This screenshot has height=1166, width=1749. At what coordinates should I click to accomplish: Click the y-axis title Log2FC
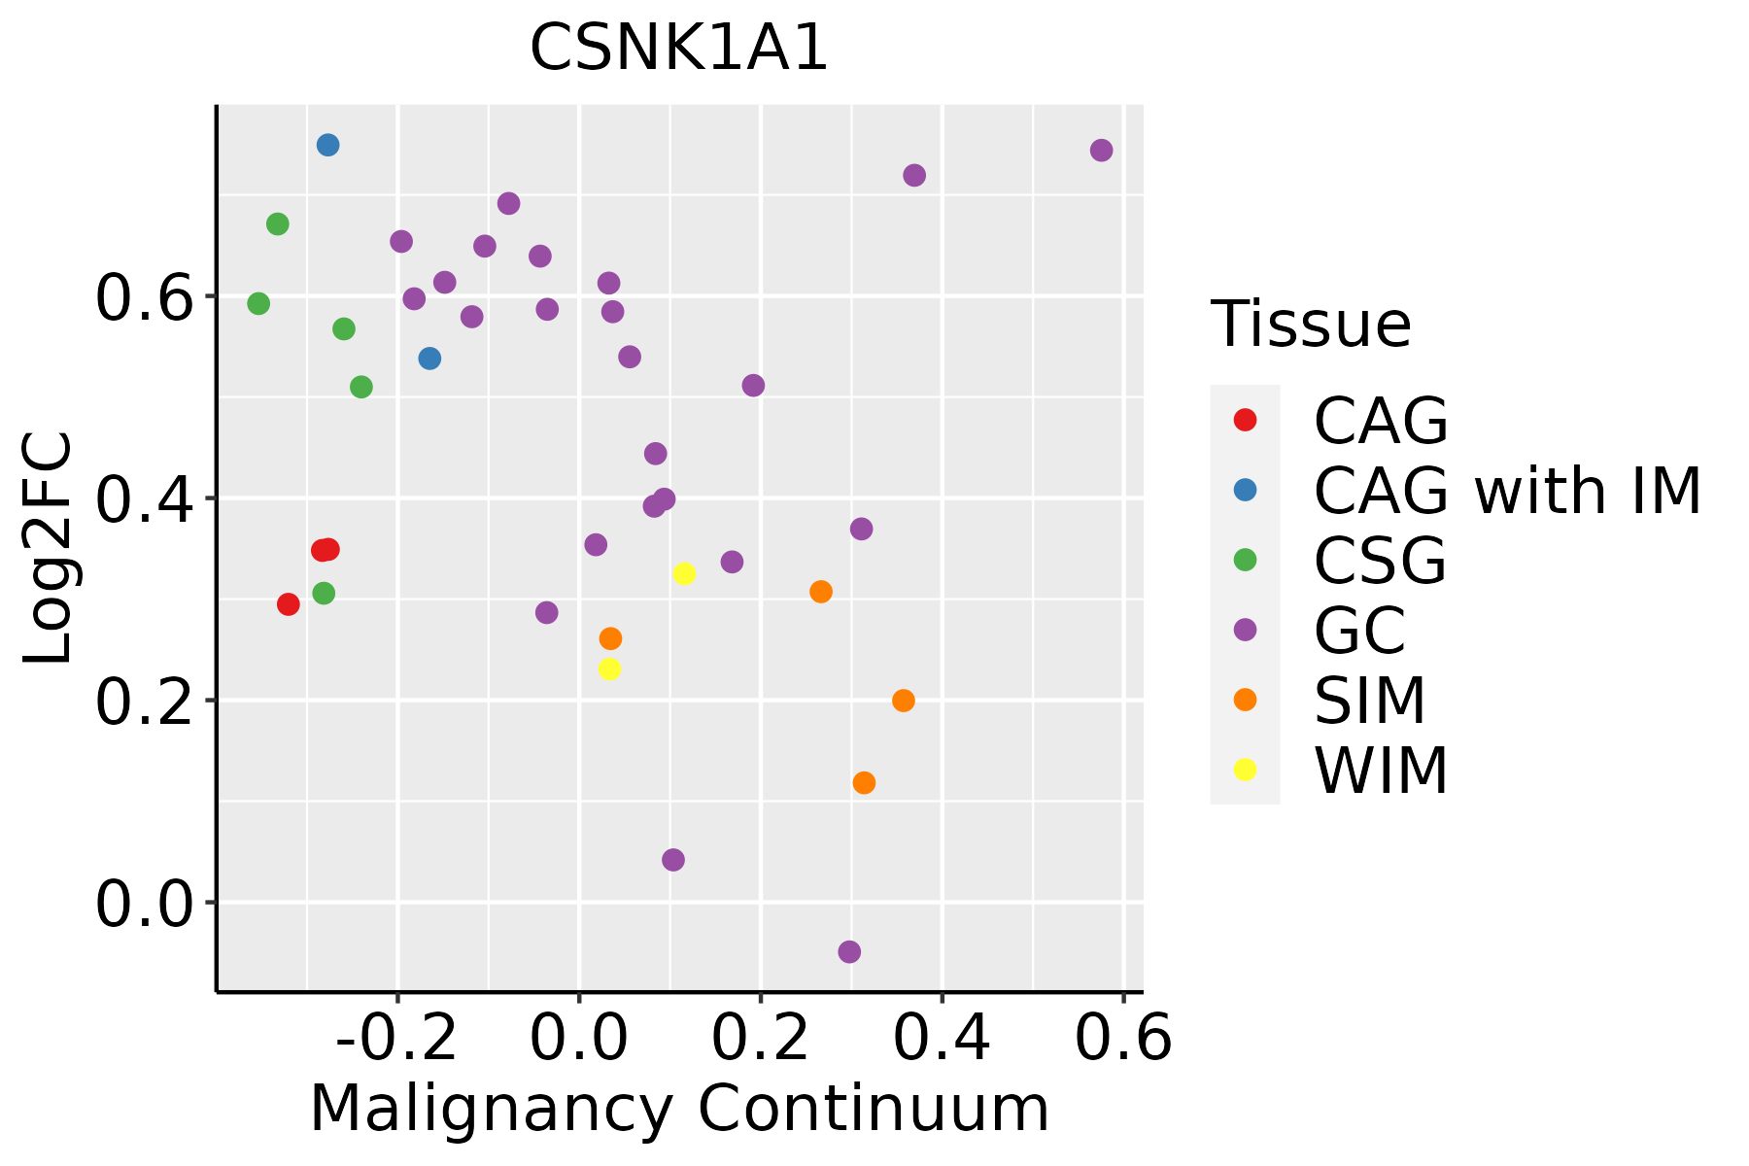point(49,549)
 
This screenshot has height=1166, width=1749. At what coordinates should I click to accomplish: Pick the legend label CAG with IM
point(1506,491)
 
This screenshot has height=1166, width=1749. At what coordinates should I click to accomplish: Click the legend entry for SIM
point(1369,701)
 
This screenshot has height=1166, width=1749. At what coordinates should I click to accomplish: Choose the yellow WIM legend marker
point(1245,770)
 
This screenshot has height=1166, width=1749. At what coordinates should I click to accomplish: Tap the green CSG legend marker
point(1245,560)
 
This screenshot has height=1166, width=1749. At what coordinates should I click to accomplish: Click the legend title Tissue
point(1311,325)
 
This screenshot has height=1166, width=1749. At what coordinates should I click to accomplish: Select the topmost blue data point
point(327,145)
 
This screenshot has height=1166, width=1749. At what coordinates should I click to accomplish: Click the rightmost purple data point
point(1101,150)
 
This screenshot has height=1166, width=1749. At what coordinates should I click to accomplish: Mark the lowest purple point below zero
point(849,951)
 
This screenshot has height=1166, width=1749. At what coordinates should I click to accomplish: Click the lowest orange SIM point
point(864,782)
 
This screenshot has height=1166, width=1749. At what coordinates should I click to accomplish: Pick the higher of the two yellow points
point(684,573)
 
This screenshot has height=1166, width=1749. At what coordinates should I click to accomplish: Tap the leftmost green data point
point(258,303)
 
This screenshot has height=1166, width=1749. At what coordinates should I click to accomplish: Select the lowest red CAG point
point(288,604)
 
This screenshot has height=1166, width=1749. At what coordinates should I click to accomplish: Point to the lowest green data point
point(324,593)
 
